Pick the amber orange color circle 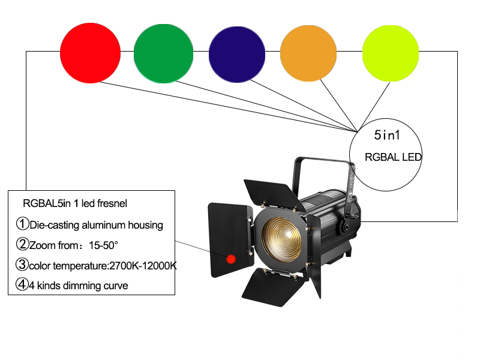(309, 53)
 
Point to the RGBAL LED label (393, 157)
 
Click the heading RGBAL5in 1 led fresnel (74, 203)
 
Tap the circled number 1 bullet (22, 225)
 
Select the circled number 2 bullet (22, 244)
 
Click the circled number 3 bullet (22, 265)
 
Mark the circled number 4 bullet (22, 285)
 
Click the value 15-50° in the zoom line (104, 245)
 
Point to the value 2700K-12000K (141, 265)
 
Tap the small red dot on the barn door (230, 259)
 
